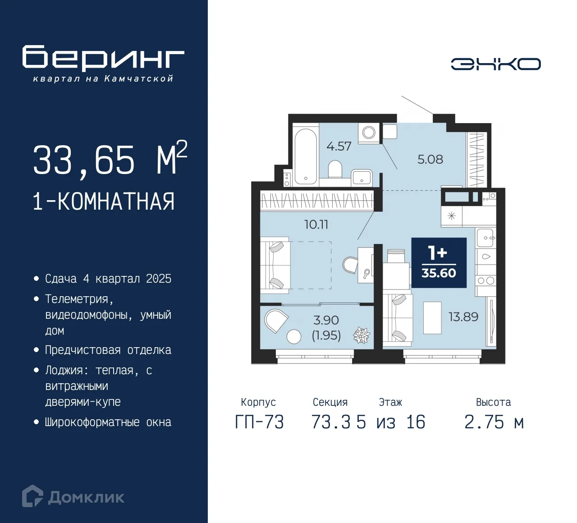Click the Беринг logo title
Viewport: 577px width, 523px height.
[103, 58]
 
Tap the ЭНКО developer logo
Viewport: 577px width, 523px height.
[495, 64]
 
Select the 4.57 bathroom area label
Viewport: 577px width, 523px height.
[339, 146]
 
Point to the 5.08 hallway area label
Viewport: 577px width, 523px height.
[430, 159]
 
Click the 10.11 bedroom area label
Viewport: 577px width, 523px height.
[316, 224]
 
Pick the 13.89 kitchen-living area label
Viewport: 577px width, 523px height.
[463, 317]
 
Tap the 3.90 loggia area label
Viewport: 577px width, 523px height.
[326, 320]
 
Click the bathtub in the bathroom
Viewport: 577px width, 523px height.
[306, 156]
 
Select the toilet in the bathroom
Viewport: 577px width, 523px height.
[335, 170]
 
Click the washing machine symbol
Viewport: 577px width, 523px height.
[369, 133]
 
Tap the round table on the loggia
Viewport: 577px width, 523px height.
[294, 337]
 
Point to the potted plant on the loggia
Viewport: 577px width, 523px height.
[361, 335]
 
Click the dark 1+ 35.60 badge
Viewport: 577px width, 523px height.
[439, 263]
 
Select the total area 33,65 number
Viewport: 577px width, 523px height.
[84, 160]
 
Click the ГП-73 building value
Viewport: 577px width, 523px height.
[259, 422]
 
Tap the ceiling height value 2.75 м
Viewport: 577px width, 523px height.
[494, 422]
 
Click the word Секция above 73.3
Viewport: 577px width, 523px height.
[330, 402]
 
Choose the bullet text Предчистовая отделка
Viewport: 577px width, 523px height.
[108, 350]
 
